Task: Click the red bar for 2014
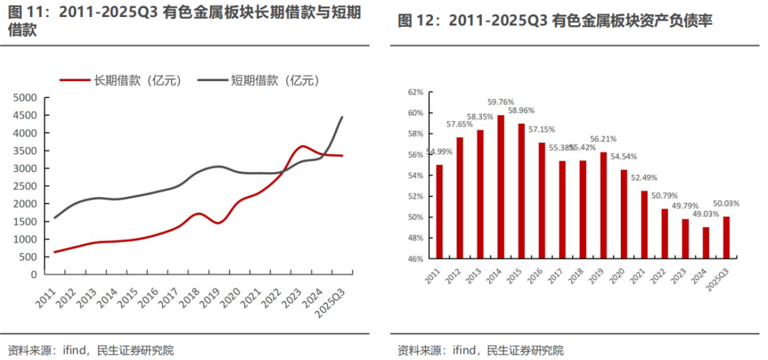[501, 186]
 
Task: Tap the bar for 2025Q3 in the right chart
[727, 237]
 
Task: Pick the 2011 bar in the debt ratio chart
[439, 211]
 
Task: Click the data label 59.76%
[501, 102]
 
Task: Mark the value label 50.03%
[727, 203]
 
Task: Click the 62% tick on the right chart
[416, 92]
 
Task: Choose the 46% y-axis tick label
[416, 259]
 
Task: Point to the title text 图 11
[22, 12]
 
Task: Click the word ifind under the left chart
[75, 351]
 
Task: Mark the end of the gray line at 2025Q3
[342, 117]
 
